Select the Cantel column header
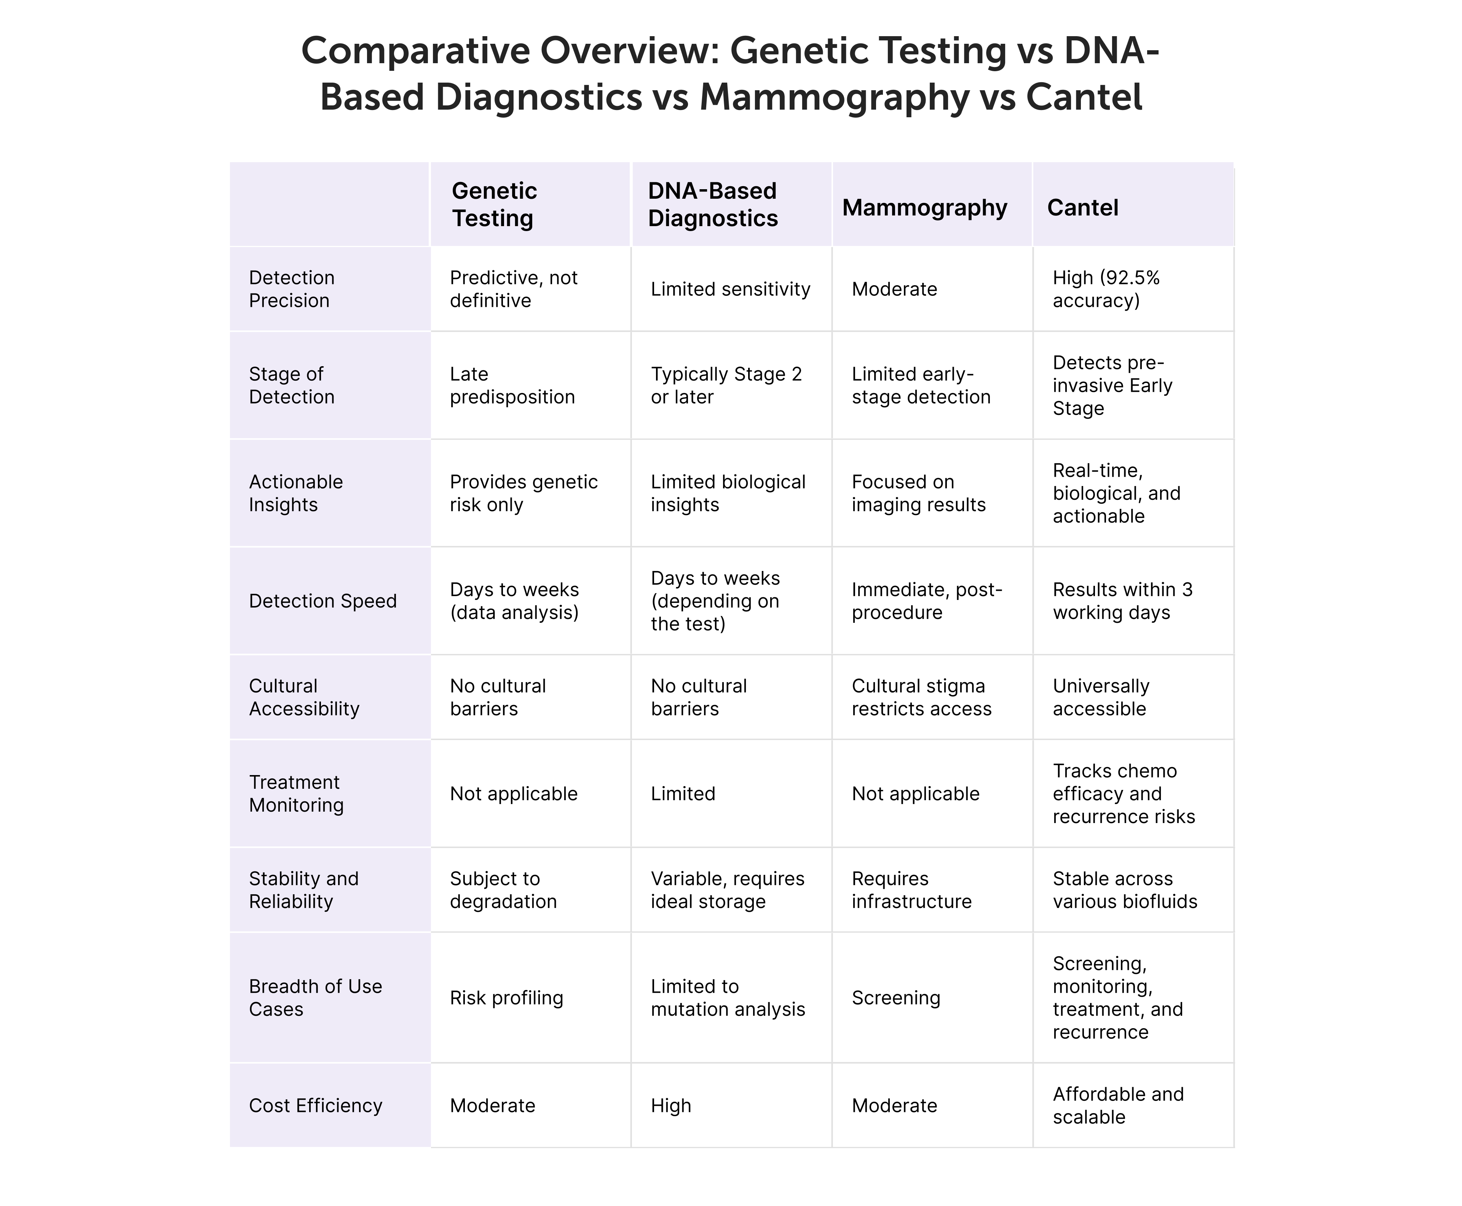pos(1082,208)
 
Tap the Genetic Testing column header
pos(494,204)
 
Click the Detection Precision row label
pos(292,289)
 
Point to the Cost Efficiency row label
pos(316,1105)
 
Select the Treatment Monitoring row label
pos(296,793)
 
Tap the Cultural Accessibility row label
pos(304,697)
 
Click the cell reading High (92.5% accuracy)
pos(1106,289)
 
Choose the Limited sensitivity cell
pos(730,289)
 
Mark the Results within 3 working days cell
pos(1122,601)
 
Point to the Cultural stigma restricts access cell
pos(921,697)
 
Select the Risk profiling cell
pos(506,998)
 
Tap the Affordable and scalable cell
pos(1118,1105)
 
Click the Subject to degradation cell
pos(503,890)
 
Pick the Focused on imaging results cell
pos(919,493)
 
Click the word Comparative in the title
pos(415,51)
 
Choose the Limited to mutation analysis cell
pos(728,998)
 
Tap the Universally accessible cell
pos(1101,697)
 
